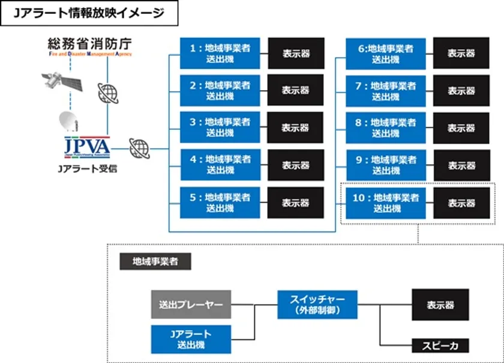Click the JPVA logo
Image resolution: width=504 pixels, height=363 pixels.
(87, 147)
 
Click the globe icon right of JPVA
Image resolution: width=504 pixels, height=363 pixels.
(139, 147)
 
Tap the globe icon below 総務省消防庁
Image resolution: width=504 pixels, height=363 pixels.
(108, 92)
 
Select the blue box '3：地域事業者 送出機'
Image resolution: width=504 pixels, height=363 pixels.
(220, 127)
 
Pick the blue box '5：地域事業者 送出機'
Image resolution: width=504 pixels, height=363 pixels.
(220, 203)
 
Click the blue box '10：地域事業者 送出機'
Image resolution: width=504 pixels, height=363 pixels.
(386, 203)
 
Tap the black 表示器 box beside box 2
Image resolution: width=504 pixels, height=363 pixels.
(296, 90)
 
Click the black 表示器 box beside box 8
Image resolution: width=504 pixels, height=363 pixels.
(461, 127)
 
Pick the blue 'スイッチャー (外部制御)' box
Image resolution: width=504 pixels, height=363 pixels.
(317, 305)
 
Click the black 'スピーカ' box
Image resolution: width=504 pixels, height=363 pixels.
(440, 346)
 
